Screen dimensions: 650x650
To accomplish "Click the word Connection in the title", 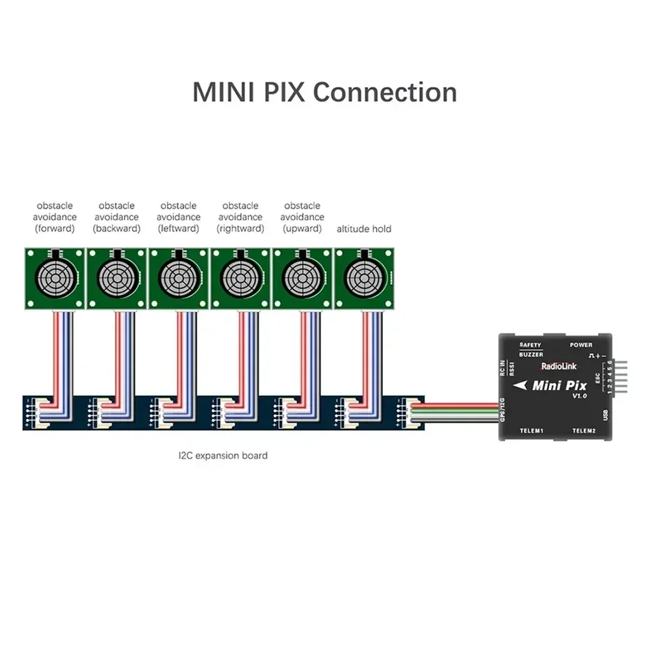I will click(x=385, y=92).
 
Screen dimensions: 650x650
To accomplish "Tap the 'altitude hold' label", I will click(x=364, y=229).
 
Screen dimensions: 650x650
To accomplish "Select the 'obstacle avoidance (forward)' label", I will click(x=55, y=217).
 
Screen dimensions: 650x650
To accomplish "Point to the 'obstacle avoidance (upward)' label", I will click(x=302, y=217).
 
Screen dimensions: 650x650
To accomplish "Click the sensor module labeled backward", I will click(x=116, y=278).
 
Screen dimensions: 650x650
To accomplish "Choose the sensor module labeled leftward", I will click(x=178, y=278).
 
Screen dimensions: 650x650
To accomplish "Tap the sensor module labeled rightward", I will click(x=240, y=278).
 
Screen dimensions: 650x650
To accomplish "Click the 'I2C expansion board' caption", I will click(x=222, y=456).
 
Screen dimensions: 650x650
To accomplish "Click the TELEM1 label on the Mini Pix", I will click(x=531, y=431).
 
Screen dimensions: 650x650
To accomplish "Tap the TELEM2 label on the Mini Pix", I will click(x=584, y=431).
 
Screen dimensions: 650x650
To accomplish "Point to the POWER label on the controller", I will click(x=580, y=345).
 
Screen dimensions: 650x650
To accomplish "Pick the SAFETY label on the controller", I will click(x=531, y=345).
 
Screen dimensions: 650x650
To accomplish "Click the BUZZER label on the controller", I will click(x=531, y=355).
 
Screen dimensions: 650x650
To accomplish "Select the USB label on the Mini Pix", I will click(x=606, y=414).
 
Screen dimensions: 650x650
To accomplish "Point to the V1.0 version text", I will click(x=579, y=396).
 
